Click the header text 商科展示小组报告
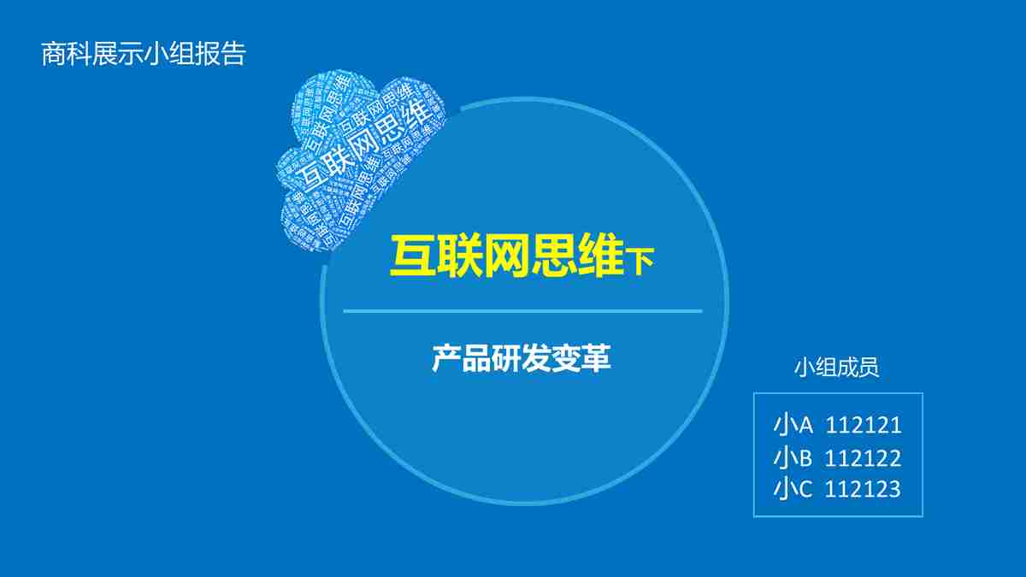click(x=144, y=55)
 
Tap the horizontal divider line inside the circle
click(x=522, y=311)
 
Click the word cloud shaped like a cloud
click(x=359, y=158)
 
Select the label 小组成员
click(x=836, y=368)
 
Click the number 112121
click(x=863, y=425)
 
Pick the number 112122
click(x=863, y=458)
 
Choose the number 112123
click(x=863, y=489)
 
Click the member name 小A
click(x=793, y=425)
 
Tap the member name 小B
click(x=793, y=458)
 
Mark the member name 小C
click(x=793, y=489)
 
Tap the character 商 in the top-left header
click(x=54, y=55)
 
